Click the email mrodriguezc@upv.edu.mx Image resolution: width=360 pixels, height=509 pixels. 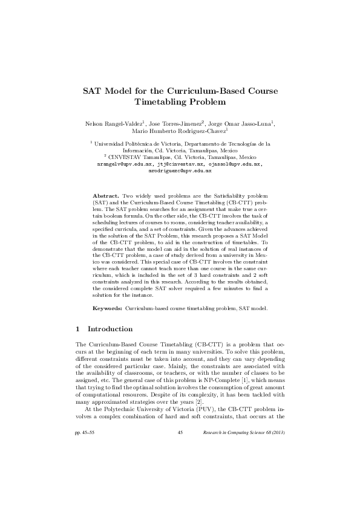click(180, 171)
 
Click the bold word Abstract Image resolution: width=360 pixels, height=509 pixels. click(105, 196)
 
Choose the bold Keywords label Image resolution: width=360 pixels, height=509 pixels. click(108, 308)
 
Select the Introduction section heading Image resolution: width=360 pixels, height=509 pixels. click(110, 329)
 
